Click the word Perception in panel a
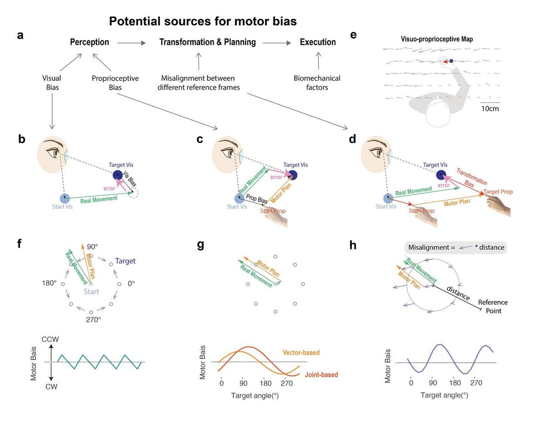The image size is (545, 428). coord(89,43)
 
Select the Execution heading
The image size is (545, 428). coord(318,43)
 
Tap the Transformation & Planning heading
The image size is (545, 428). coord(208,43)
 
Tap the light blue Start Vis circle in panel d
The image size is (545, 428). coord(388,199)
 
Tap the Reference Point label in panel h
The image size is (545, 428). coord(493,306)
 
